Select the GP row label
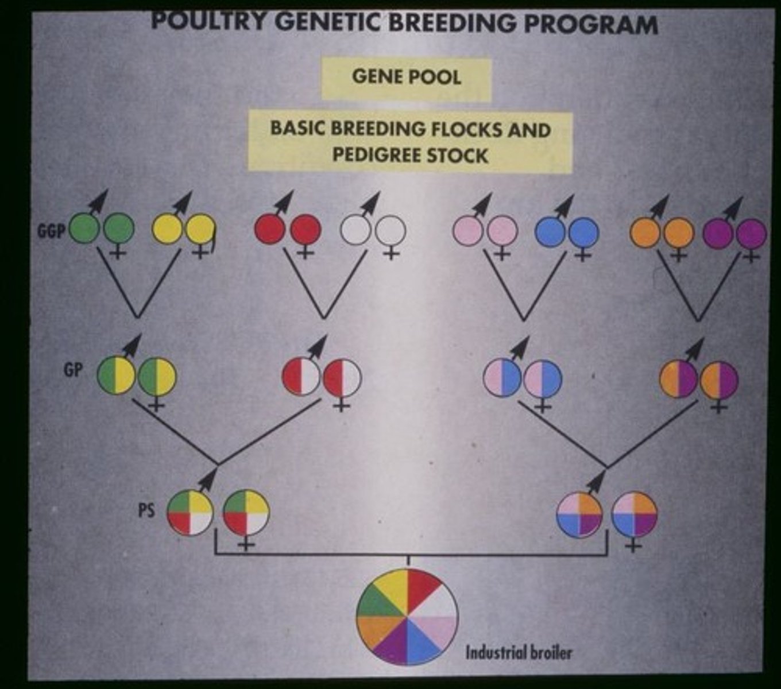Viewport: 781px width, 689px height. [x=73, y=370]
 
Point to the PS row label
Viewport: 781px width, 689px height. [x=146, y=510]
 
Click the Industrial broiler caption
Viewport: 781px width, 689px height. [x=519, y=653]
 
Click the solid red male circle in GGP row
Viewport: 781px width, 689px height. [x=270, y=230]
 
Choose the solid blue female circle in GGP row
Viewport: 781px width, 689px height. [x=584, y=233]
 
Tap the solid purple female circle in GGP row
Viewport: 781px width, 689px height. [x=751, y=234]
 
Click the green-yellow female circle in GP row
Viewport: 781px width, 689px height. [x=157, y=377]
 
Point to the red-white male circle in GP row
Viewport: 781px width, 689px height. [x=300, y=378]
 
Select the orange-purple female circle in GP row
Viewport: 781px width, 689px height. [x=720, y=380]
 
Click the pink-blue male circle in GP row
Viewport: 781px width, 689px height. [x=502, y=378]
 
